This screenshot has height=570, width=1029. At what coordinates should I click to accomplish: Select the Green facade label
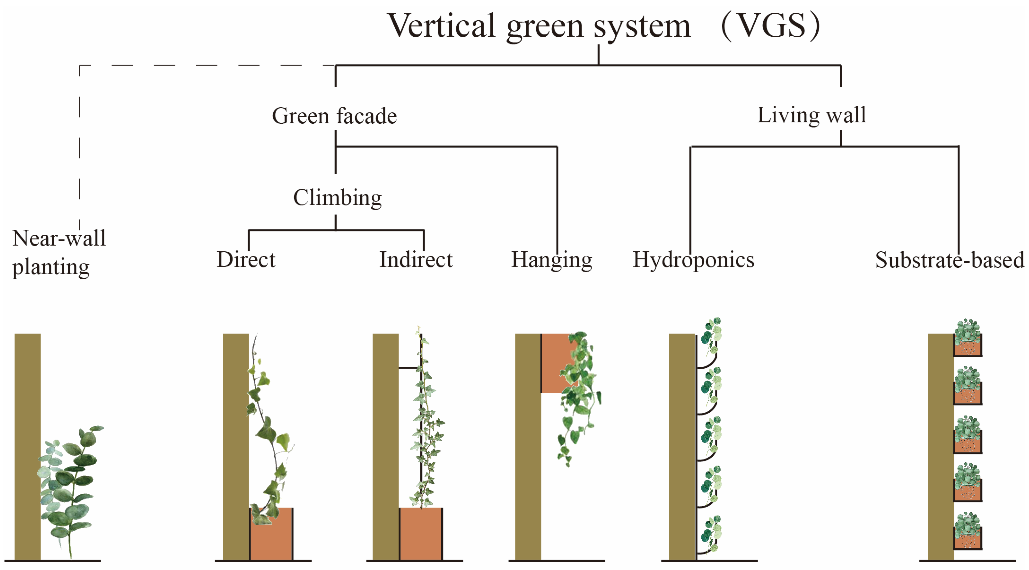point(334,116)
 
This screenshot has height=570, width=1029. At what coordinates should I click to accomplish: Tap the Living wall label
point(811,115)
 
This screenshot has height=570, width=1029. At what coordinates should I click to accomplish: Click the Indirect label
point(416,260)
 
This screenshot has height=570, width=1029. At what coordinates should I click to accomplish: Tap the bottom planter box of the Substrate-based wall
point(968,539)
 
